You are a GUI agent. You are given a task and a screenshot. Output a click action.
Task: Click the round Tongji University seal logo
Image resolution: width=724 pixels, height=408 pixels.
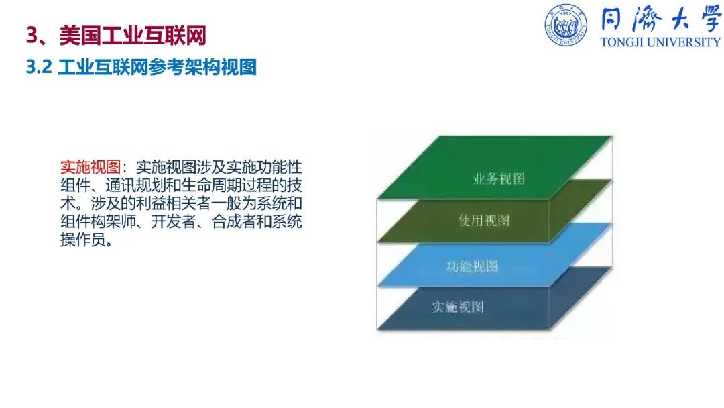click(566, 25)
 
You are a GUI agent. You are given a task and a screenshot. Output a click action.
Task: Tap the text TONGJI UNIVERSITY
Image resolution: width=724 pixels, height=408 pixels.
click(660, 42)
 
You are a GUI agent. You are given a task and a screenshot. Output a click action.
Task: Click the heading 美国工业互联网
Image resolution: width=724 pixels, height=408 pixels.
click(133, 36)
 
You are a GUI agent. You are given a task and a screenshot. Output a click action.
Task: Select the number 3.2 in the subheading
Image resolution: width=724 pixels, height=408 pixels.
click(39, 67)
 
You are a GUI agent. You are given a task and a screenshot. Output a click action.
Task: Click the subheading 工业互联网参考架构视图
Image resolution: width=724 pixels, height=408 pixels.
click(158, 68)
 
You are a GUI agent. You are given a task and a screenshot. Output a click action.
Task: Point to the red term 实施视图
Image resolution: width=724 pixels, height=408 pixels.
click(90, 167)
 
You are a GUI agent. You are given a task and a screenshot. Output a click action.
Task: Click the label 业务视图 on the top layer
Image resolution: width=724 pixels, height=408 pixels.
click(499, 178)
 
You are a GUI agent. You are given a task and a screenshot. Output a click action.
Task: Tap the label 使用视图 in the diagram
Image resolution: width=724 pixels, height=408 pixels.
click(484, 220)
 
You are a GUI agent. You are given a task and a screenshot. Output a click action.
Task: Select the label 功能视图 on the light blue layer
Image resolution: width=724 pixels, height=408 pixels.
click(472, 266)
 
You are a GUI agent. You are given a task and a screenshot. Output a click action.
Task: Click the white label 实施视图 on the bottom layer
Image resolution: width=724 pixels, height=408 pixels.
click(458, 307)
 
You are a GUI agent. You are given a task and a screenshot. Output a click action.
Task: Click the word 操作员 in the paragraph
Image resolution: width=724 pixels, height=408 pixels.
click(83, 240)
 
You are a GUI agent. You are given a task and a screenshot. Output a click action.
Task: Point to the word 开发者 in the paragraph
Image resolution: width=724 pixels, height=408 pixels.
click(174, 221)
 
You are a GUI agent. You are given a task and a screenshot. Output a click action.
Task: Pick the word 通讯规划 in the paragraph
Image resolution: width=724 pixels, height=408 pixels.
click(135, 185)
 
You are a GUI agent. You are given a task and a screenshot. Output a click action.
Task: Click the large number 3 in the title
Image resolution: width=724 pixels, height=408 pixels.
click(32, 36)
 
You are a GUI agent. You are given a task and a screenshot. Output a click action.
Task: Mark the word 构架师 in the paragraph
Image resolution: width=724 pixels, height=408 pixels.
click(113, 221)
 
